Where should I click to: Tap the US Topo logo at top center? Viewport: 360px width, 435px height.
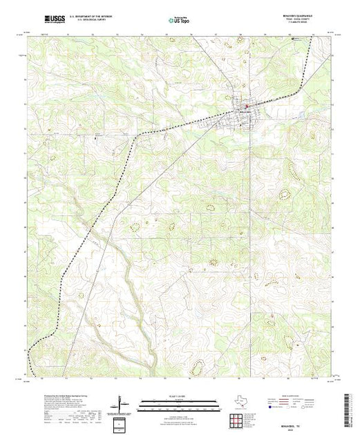click(x=180, y=19)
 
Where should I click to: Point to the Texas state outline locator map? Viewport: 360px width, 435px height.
click(x=236, y=401)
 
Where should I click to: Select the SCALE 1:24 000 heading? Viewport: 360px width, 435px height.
click(x=180, y=396)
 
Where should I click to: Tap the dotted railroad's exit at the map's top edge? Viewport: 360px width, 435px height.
click(x=312, y=37)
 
